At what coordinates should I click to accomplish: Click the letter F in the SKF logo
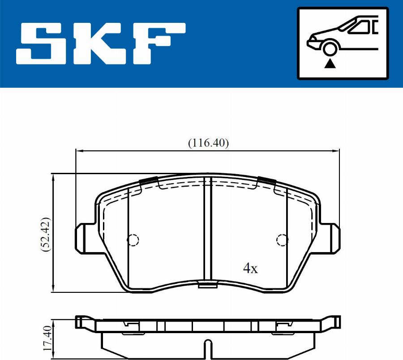[159, 43]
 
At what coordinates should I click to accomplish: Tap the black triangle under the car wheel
[330, 64]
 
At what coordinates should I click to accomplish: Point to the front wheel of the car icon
[330, 49]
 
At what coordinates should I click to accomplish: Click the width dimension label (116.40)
[208, 143]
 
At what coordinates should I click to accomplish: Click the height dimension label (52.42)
[46, 235]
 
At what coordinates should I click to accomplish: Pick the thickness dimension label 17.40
[47, 339]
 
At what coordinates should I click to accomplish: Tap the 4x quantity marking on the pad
[250, 269]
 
